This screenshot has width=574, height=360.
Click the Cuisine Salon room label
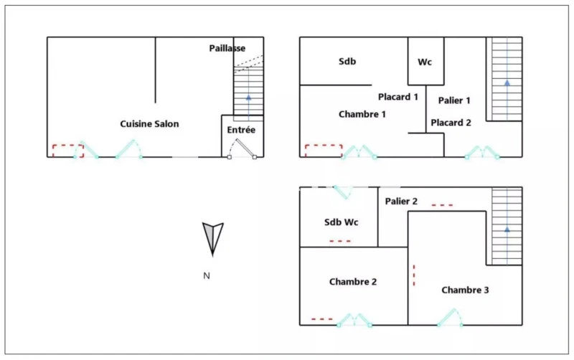[149, 124]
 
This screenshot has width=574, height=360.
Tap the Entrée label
[241, 130]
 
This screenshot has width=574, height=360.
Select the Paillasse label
[227, 48]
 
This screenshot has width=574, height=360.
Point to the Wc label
[425, 62]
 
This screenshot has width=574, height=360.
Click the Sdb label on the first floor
[347, 62]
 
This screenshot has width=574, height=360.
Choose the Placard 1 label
[398, 97]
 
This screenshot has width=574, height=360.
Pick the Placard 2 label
[451, 123]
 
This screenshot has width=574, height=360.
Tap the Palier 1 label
[454, 100]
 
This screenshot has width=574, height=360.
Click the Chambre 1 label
[362, 114]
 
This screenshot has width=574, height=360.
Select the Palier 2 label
[401, 202]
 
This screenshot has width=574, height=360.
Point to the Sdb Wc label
[342, 222]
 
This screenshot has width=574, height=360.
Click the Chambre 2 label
[353, 282]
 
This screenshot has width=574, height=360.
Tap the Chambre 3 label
[465, 290]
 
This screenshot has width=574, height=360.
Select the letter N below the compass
[207, 276]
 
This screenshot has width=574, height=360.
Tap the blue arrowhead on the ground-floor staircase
[248, 98]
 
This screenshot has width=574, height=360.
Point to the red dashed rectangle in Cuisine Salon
[68, 151]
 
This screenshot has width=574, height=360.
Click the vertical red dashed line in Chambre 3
[414, 275]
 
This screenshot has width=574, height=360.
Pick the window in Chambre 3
[450, 318]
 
